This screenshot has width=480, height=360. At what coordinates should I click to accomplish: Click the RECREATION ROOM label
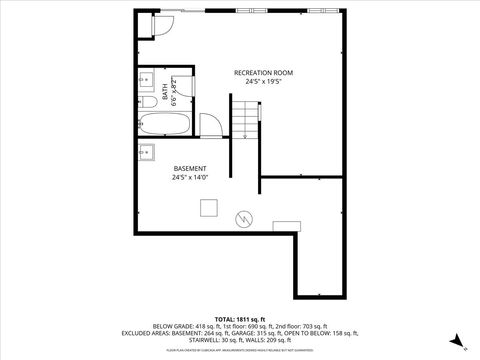(262, 73)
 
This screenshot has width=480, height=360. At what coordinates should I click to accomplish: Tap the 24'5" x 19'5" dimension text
(262, 83)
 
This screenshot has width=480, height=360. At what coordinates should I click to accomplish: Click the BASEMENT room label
(189, 168)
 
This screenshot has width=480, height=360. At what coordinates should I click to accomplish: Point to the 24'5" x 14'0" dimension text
(189, 178)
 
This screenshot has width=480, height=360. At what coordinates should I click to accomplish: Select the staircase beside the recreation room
(245, 118)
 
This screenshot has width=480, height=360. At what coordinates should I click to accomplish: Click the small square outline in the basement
(208, 207)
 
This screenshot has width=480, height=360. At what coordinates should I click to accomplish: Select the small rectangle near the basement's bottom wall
(286, 224)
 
